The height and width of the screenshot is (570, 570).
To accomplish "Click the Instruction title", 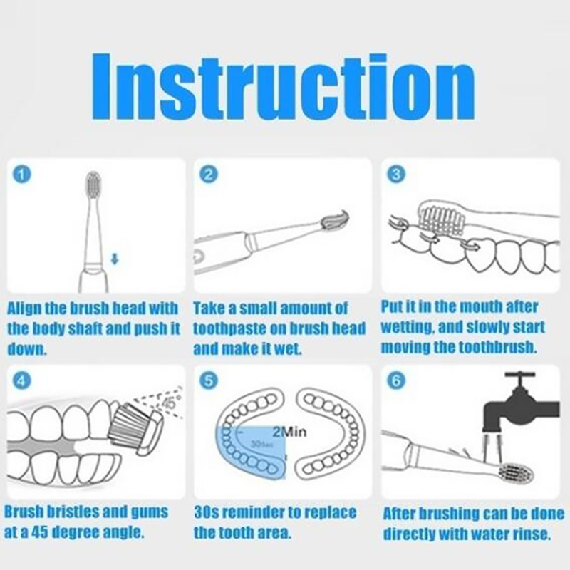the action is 283,87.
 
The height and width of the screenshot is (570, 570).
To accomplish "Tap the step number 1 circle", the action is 22,175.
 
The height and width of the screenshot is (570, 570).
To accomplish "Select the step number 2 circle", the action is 209,175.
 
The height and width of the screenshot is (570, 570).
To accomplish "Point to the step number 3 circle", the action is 396,175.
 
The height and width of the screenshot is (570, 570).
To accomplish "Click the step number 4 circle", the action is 22,380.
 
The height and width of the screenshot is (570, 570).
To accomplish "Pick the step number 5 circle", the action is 209,380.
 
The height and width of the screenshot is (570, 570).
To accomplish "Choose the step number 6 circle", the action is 396,380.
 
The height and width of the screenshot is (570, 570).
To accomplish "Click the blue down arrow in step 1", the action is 115,259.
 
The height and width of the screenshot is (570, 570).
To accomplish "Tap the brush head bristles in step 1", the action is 94,183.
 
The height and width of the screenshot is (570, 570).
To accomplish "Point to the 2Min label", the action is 289,432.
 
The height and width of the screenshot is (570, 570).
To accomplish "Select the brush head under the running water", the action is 516,473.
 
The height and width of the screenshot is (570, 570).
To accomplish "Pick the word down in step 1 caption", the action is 27,349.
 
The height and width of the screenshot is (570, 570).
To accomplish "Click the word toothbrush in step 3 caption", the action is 497,348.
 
